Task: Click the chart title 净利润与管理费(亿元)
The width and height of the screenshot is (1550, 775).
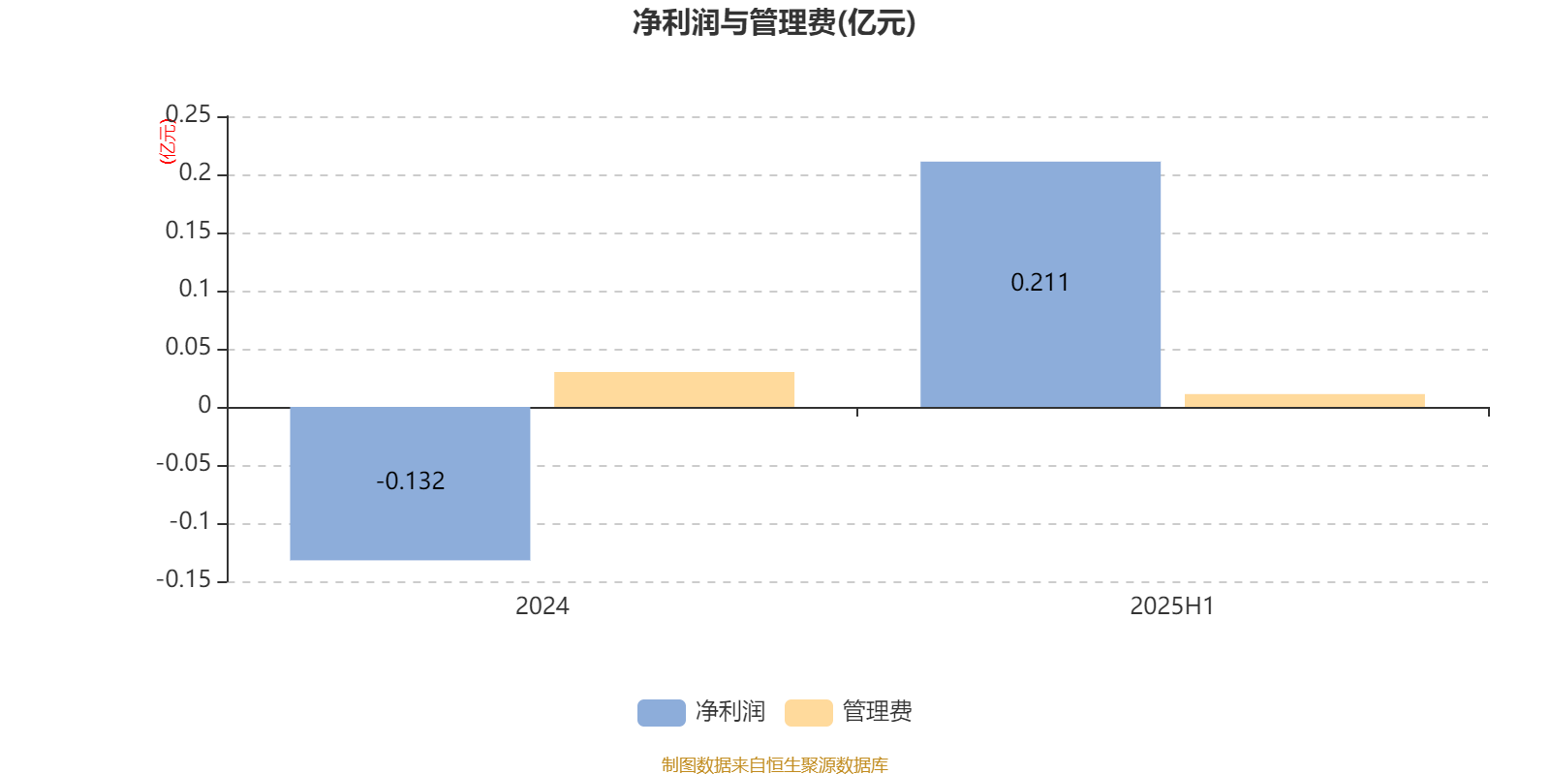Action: (774, 23)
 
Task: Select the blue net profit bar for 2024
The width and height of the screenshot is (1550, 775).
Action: (410, 483)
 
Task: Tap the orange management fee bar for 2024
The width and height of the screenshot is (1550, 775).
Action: (674, 389)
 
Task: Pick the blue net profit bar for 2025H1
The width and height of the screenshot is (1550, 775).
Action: (1040, 285)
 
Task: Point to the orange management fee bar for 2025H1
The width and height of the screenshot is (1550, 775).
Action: (1304, 401)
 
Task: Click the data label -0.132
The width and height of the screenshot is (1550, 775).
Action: (411, 480)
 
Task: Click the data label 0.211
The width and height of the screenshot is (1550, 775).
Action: (1040, 282)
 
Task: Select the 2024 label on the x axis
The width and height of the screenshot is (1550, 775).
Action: (542, 606)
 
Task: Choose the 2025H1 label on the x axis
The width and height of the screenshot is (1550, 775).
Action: (1172, 606)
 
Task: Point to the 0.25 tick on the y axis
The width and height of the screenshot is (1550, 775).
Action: (188, 114)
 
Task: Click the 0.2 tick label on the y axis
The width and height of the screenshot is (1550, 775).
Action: (195, 172)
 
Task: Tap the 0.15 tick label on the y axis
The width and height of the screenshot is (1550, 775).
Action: (188, 231)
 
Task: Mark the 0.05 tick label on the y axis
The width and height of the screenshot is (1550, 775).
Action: (188, 347)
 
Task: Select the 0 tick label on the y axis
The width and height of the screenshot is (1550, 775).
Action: (204, 405)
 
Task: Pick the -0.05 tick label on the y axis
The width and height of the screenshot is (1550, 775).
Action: (184, 463)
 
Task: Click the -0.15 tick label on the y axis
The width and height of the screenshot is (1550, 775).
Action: (184, 579)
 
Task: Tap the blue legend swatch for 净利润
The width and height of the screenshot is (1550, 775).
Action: (662, 713)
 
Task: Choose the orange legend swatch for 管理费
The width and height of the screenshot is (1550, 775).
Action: (808, 713)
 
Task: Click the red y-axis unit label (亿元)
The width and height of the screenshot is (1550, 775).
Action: (169, 141)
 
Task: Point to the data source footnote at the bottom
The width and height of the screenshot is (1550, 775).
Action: (774, 764)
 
